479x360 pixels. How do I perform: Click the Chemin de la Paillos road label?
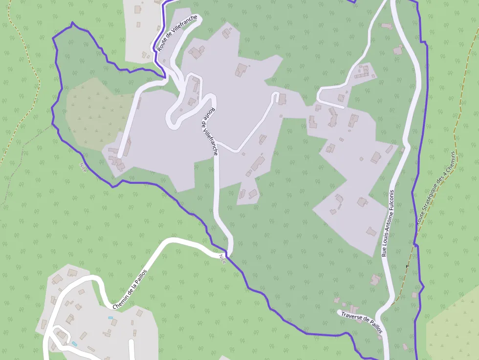pyautogui.click(x=130, y=289)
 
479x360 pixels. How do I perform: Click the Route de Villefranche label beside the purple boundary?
pyautogui.click(x=177, y=33)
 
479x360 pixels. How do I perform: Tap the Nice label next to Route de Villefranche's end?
pyautogui.click(x=223, y=258)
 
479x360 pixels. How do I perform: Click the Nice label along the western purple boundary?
pyautogui.click(x=83, y=166)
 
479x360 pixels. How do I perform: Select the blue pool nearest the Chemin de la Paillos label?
pyautogui.click(x=111, y=318)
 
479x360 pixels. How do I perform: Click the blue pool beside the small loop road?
pyautogui.click(x=74, y=344)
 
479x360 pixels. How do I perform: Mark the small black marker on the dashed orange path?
pyautogui.click(x=407, y=266)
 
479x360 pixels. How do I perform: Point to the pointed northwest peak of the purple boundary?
pyautogui.click(x=72, y=22)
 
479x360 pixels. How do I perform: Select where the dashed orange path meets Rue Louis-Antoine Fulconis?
pyautogui.click(x=392, y=304)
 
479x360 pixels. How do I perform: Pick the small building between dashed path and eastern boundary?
pyautogui.click(x=414, y=295)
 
